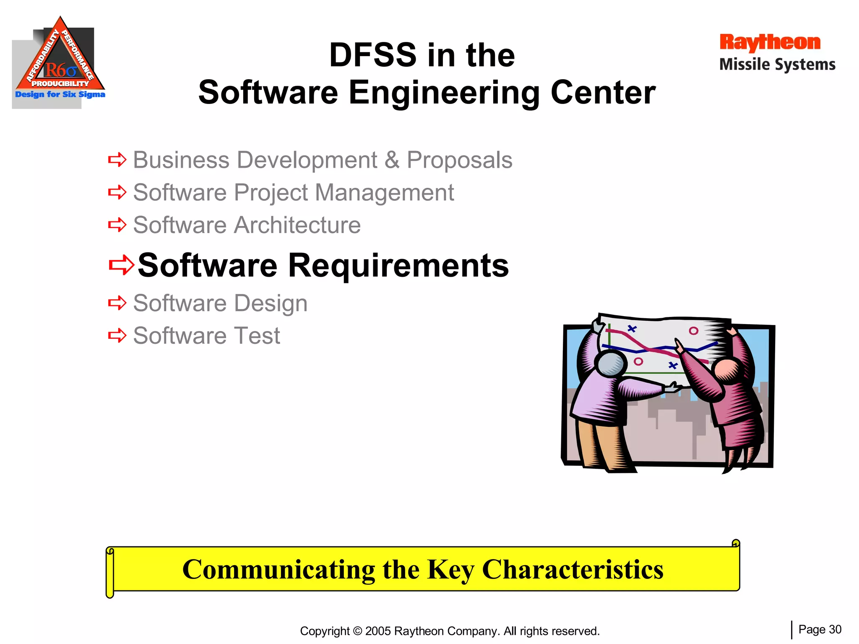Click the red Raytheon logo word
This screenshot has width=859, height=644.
pyautogui.click(x=770, y=43)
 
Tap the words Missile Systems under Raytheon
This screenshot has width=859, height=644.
pyautogui.click(x=777, y=65)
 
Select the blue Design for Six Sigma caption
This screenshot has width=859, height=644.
pyautogui.click(x=60, y=94)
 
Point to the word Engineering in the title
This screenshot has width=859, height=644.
pyautogui.click(x=444, y=93)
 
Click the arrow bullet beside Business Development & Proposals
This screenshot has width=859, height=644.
pyautogui.click(x=117, y=160)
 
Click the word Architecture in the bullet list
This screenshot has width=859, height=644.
pyautogui.click(x=297, y=225)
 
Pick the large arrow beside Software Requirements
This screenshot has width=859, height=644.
pyautogui.click(x=121, y=265)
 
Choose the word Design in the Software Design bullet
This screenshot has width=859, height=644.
pyautogui.click(x=271, y=303)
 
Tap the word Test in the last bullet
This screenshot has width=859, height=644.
pyautogui.click(x=257, y=335)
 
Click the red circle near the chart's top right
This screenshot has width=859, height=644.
pyautogui.click(x=693, y=331)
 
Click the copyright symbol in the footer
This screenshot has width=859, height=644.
pyautogui.click(x=357, y=631)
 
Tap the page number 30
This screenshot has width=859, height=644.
pyautogui.click(x=835, y=629)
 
